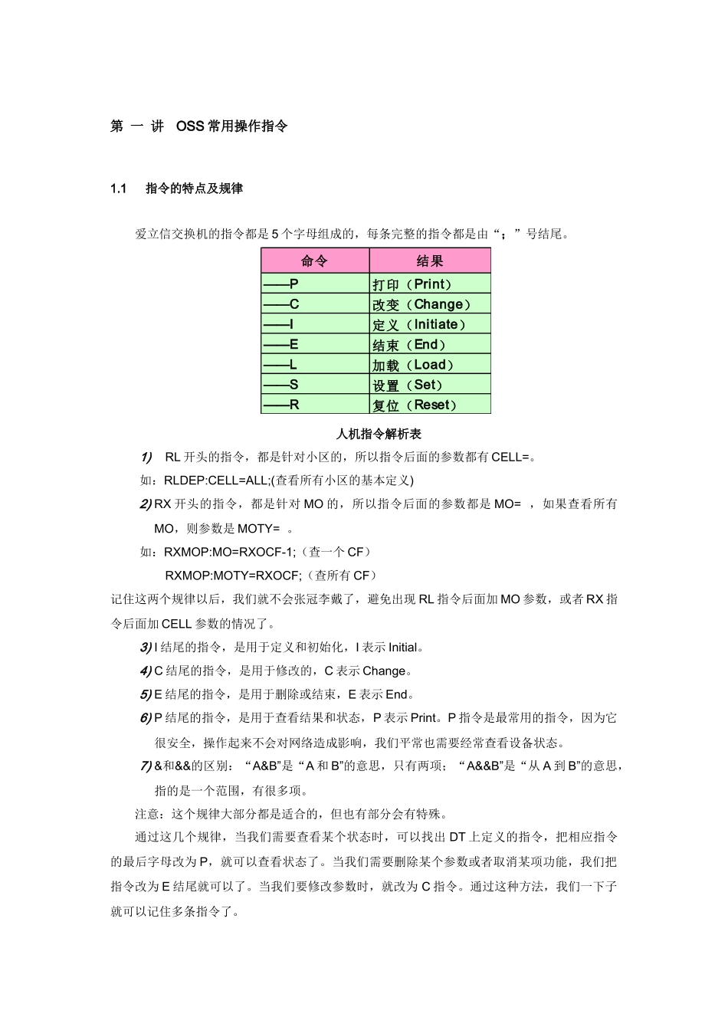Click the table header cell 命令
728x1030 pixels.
pos(314,261)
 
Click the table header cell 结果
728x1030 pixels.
pos(429,261)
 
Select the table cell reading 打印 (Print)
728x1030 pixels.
pos(412,284)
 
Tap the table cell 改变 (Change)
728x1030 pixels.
pos(421,304)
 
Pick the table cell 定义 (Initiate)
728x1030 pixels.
pos(419,325)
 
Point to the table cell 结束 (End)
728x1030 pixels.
pos(409,345)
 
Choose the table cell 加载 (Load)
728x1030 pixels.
pos(413,365)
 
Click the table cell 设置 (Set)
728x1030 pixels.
pos(408,385)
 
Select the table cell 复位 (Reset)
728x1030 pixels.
pos(415,405)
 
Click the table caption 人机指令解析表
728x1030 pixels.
pos(379,434)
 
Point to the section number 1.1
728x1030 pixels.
pos(118,189)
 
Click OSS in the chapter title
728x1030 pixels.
pos(190,126)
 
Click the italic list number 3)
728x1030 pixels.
pos(146,648)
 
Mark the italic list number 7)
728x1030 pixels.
pos(146,766)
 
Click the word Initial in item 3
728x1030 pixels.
pos(403,648)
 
